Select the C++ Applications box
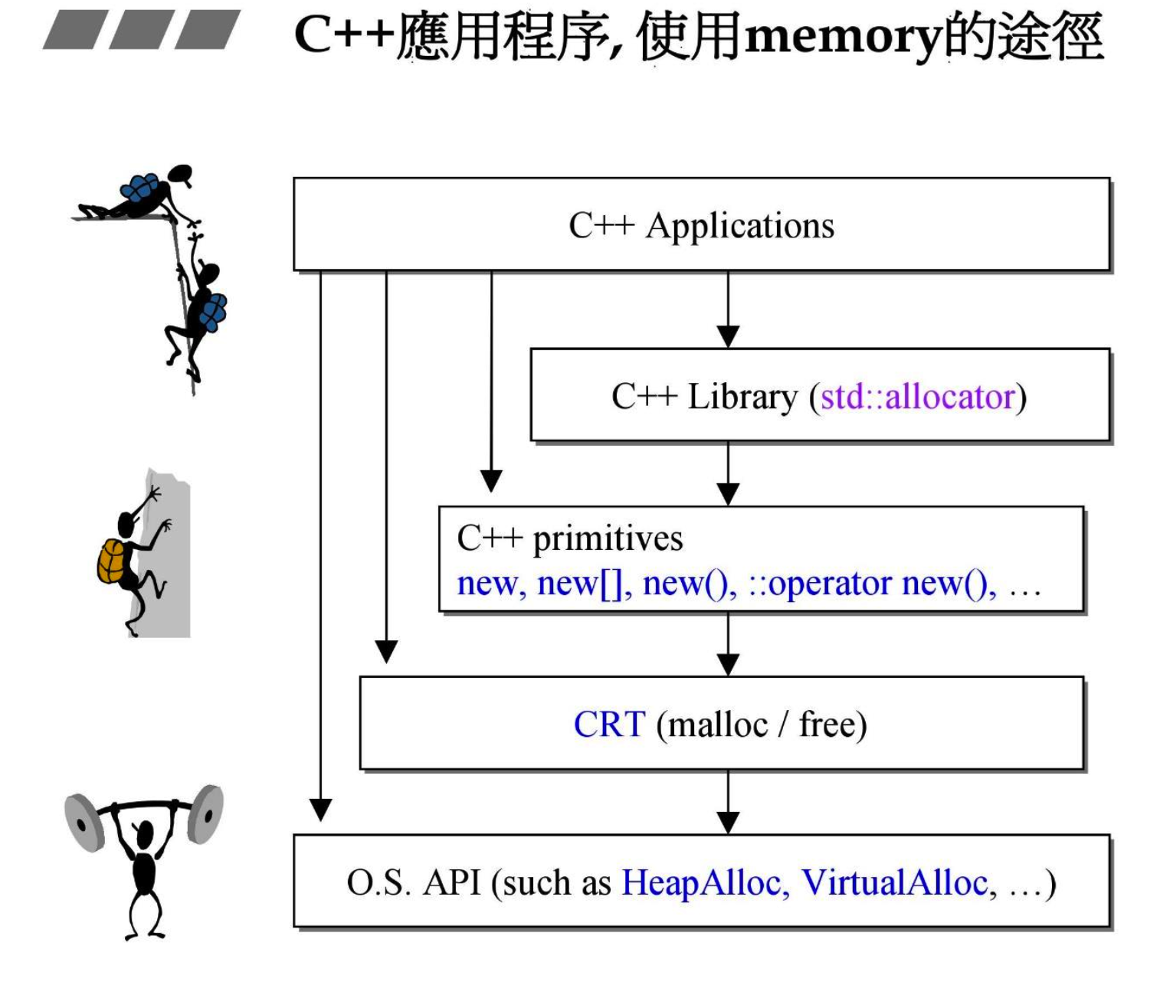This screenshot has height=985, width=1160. [701, 224]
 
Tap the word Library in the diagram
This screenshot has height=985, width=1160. [742, 397]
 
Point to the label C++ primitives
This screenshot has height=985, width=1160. [569, 538]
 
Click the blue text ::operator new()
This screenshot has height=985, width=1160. [872, 584]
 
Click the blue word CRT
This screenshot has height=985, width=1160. [609, 725]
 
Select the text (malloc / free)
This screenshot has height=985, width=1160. [762, 725]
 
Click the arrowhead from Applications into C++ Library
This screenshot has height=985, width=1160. [728, 336]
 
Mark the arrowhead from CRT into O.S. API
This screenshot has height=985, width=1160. [728, 822]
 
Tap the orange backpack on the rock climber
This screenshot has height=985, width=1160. [111, 561]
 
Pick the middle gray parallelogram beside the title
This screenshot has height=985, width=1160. [142, 30]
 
